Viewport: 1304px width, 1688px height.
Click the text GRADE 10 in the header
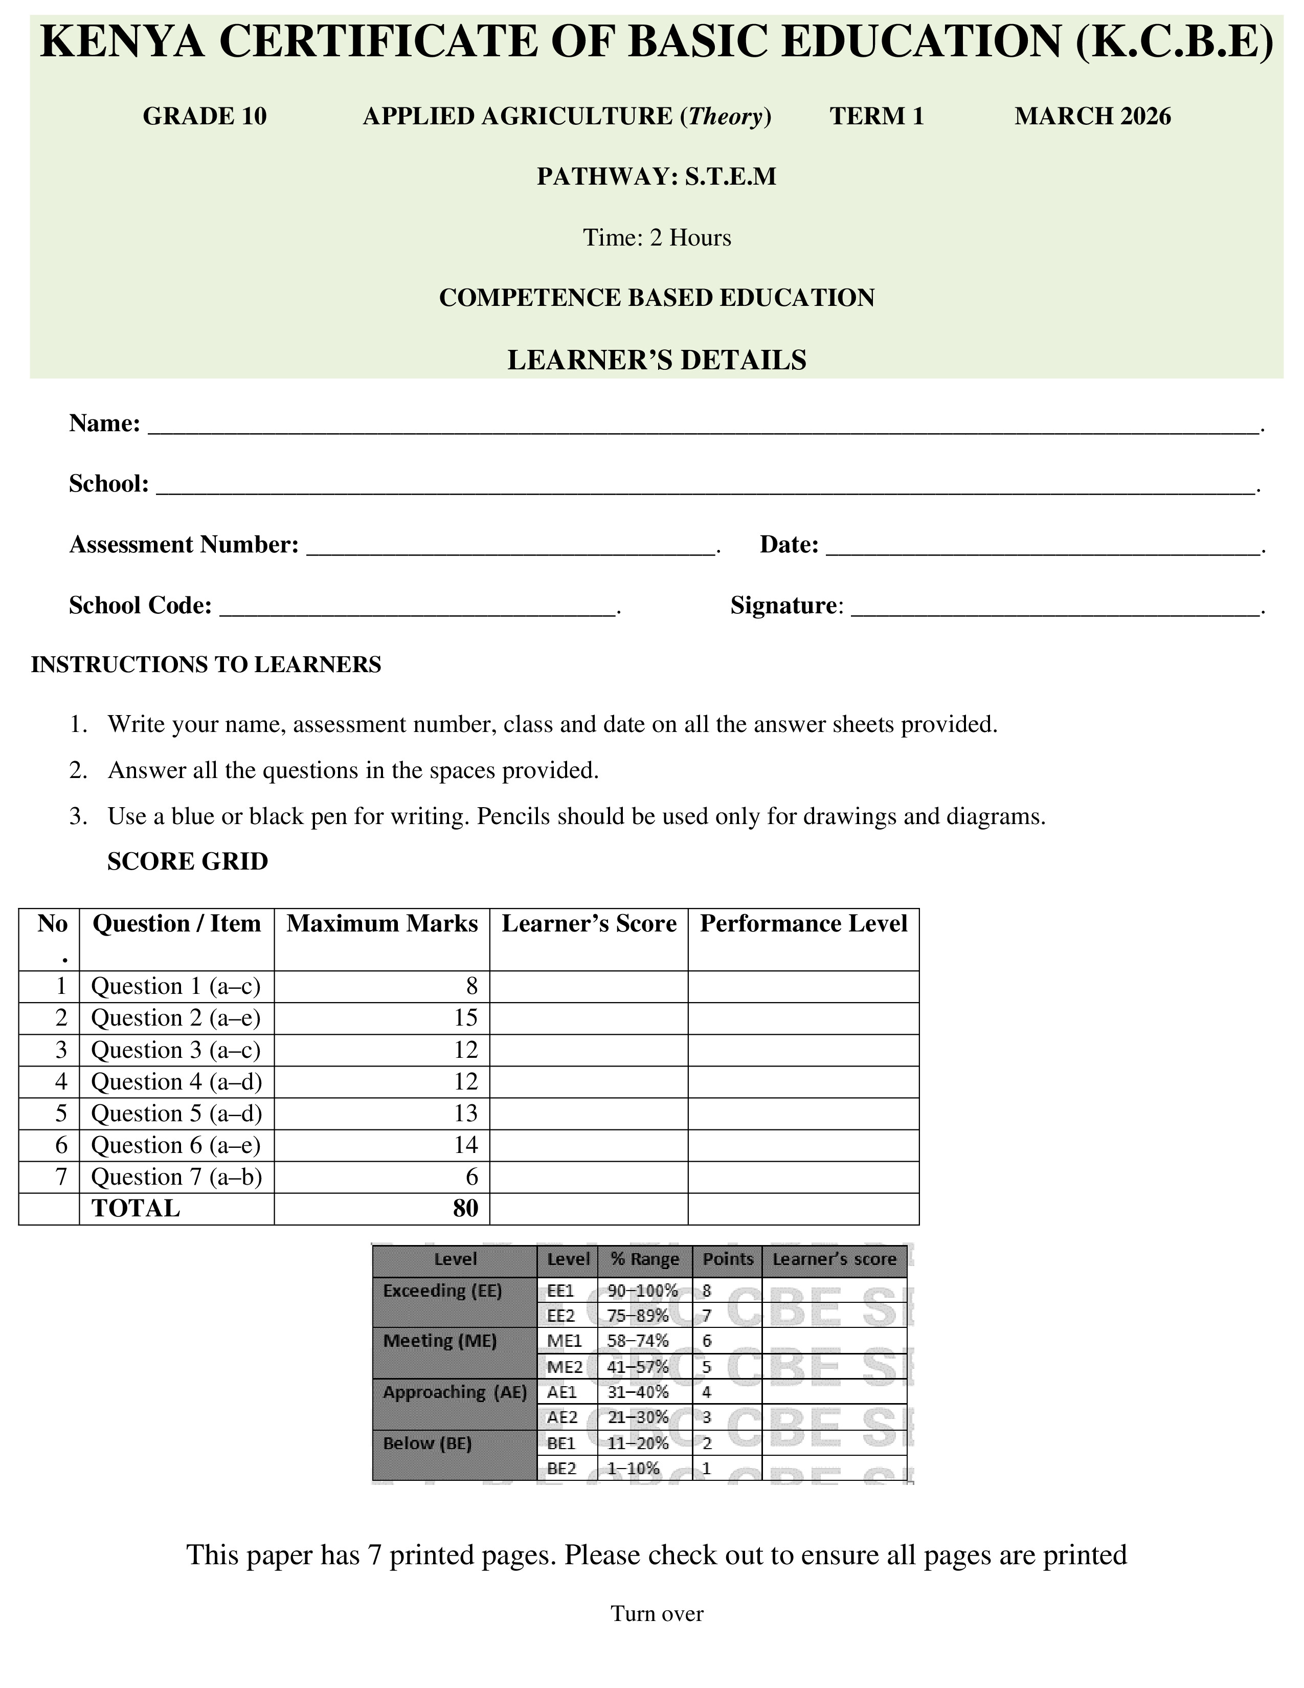click(x=205, y=116)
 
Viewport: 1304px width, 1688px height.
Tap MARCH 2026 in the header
click(x=1092, y=116)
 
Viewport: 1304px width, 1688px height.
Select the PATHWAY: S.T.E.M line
click(x=657, y=177)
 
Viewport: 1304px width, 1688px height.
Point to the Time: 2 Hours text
click(x=657, y=237)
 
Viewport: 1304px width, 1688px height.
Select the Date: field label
click(x=789, y=545)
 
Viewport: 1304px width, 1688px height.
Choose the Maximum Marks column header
click(x=381, y=924)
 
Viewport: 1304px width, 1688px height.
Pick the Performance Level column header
click(x=803, y=924)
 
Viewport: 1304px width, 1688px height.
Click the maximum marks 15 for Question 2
click(x=466, y=1018)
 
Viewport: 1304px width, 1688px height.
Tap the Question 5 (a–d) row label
click(x=176, y=1113)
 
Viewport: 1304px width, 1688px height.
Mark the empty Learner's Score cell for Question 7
click(x=589, y=1177)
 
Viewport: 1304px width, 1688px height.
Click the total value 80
click(x=466, y=1208)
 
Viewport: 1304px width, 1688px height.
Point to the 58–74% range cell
click(x=638, y=1341)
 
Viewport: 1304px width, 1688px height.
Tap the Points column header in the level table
click(x=727, y=1259)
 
